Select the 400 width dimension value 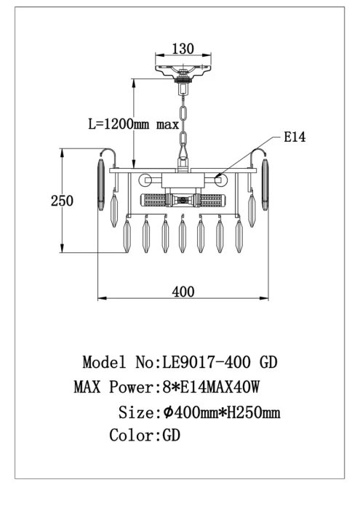[x=183, y=292]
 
